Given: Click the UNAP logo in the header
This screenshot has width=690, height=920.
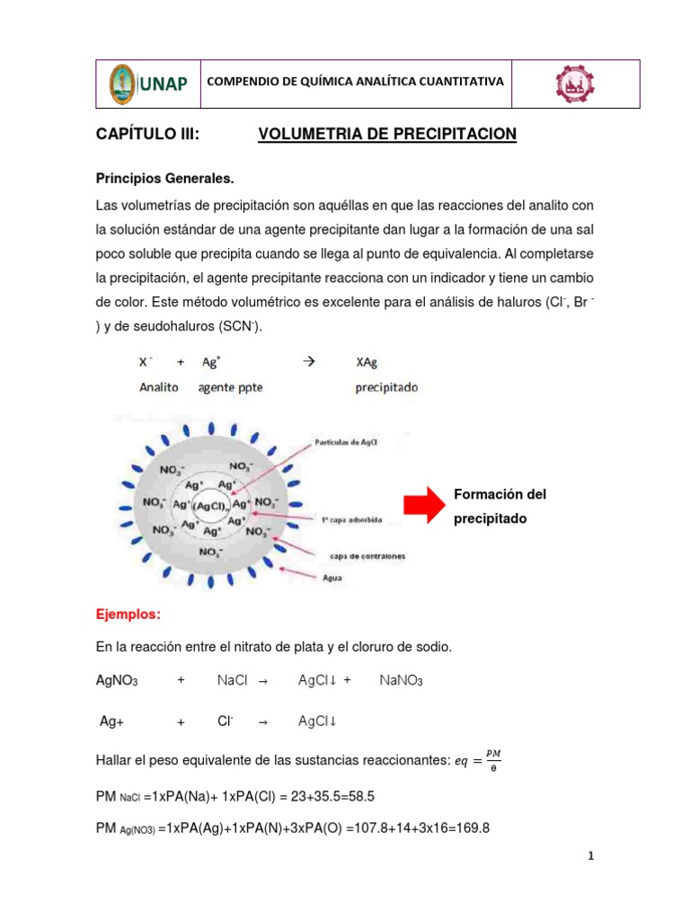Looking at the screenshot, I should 148,84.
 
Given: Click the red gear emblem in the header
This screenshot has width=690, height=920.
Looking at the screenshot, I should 572,84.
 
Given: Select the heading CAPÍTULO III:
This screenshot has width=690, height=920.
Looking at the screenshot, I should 146,135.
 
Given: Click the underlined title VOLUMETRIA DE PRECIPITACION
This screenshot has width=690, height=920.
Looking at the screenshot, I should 387,135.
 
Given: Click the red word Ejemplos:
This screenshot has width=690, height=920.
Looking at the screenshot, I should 128,615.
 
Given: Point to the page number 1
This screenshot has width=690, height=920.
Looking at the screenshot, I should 590,856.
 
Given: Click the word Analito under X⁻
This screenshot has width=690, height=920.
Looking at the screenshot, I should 159,387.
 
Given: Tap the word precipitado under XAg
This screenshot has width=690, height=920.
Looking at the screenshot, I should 387,387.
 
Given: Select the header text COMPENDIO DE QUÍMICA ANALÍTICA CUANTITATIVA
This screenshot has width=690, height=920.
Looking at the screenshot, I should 355,82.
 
